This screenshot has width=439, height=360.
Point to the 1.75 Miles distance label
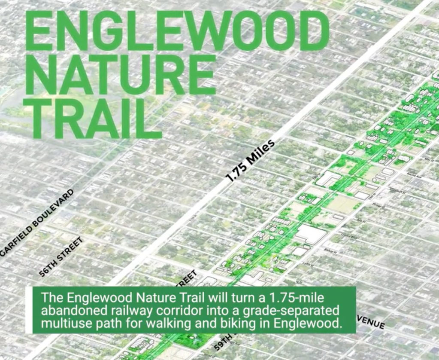coord(250,160)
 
